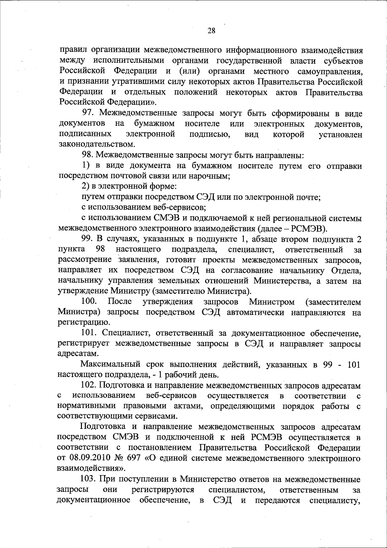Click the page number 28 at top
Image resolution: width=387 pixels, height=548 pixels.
click(x=211, y=31)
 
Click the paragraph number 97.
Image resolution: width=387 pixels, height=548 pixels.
click(x=88, y=114)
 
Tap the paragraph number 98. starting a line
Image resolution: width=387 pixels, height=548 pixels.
click(x=88, y=155)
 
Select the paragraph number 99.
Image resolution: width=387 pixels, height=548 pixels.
click(x=87, y=239)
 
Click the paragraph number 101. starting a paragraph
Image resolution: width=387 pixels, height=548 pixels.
click(x=89, y=333)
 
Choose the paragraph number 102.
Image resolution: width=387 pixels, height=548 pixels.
click(x=89, y=385)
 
